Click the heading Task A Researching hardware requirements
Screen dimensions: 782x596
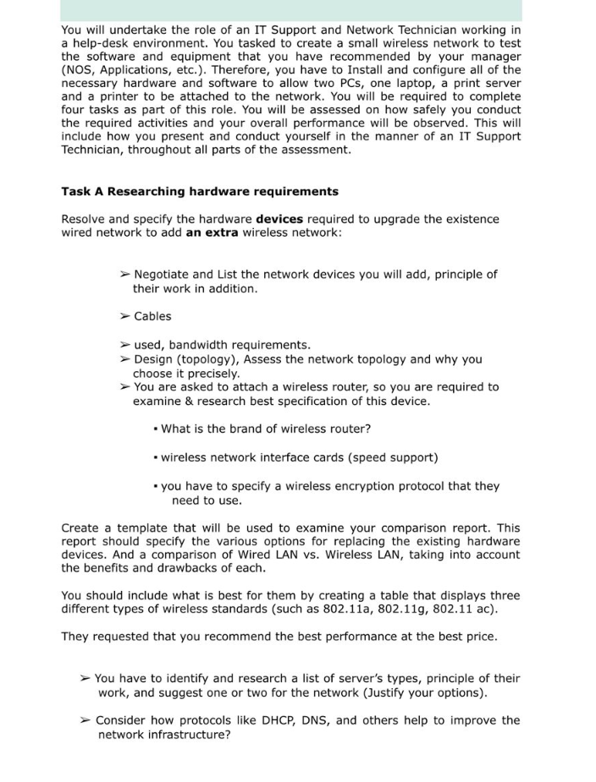[200, 191]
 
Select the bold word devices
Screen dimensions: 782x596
[279, 219]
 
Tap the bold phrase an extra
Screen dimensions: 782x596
[212, 232]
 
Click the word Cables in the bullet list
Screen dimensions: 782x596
[152, 316]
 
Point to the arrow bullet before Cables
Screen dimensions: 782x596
[124, 316]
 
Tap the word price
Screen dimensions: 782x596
[478, 637]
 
